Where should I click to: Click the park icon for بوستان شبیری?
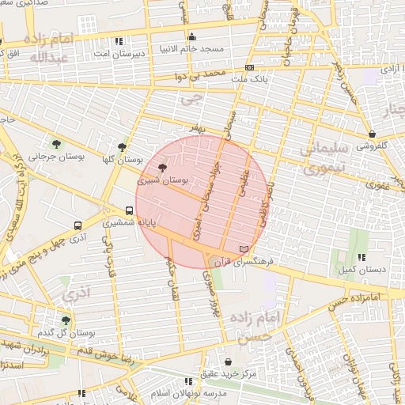pyautogui.click(x=162, y=168)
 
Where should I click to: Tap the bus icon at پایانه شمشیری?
pyautogui.click(x=129, y=210)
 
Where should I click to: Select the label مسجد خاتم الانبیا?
pyautogui.click(x=192, y=49)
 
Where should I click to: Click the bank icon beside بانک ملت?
pyautogui.click(x=249, y=68)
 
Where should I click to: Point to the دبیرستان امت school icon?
pyautogui.click(x=119, y=40)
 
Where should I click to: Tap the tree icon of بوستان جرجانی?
pyautogui.click(x=56, y=142)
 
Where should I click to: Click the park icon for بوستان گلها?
pyautogui.click(x=121, y=147)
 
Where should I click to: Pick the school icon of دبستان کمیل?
pyautogui.click(x=362, y=257)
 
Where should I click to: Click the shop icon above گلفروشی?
pyautogui.click(x=372, y=134)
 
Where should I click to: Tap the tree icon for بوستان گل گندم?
pyautogui.click(x=66, y=320)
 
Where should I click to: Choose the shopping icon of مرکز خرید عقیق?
pyautogui.click(x=229, y=361)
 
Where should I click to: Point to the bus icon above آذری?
pyautogui.click(x=78, y=225)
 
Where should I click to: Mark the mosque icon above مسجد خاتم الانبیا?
pyautogui.click(x=192, y=36)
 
